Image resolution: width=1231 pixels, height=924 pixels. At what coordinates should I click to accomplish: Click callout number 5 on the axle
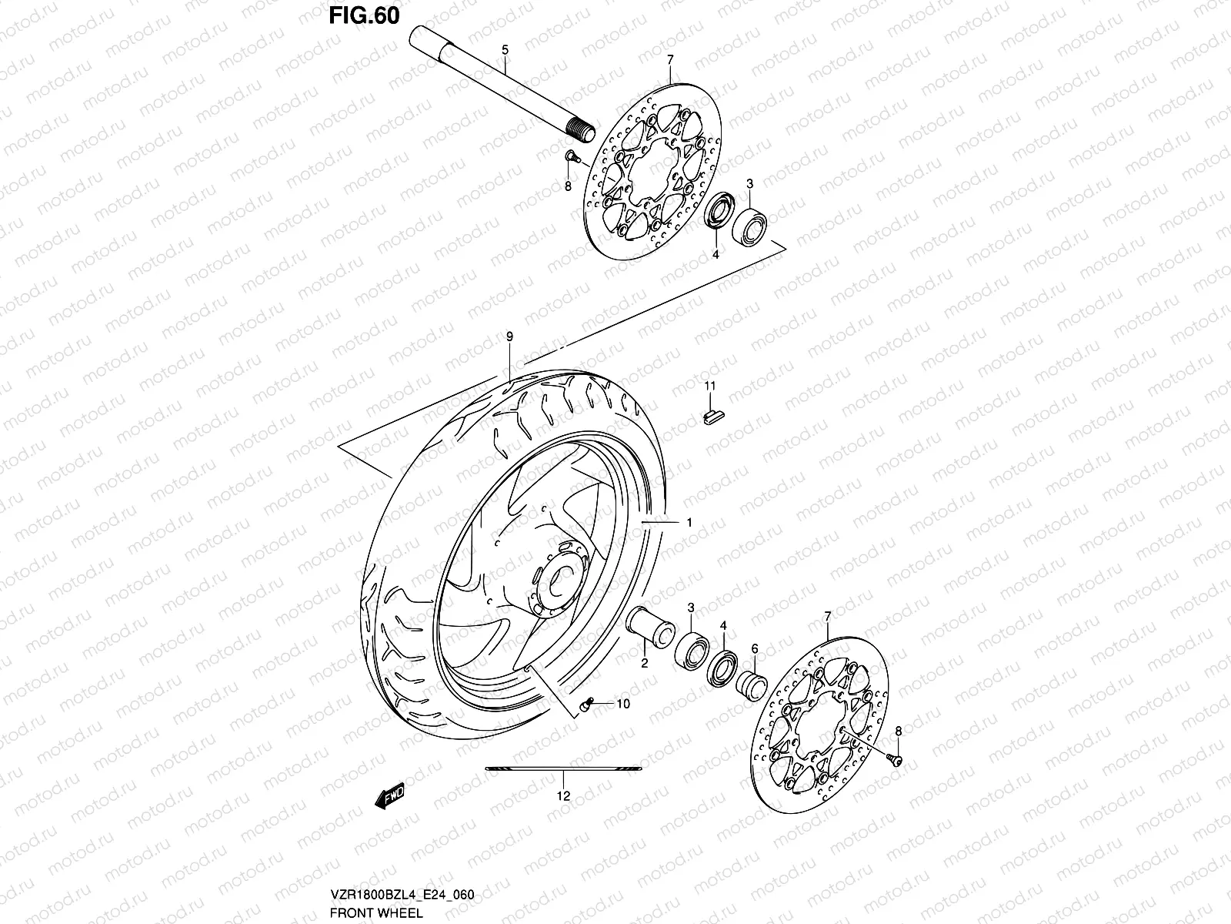click(505, 50)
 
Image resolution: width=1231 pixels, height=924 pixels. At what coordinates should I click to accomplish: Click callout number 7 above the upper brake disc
click(670, 59)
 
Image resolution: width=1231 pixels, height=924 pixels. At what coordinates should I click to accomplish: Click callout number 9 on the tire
click(509, 336)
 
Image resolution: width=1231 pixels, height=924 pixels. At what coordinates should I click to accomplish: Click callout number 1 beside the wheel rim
click(689, 522)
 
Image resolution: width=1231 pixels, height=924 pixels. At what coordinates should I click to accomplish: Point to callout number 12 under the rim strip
click(563, 796)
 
